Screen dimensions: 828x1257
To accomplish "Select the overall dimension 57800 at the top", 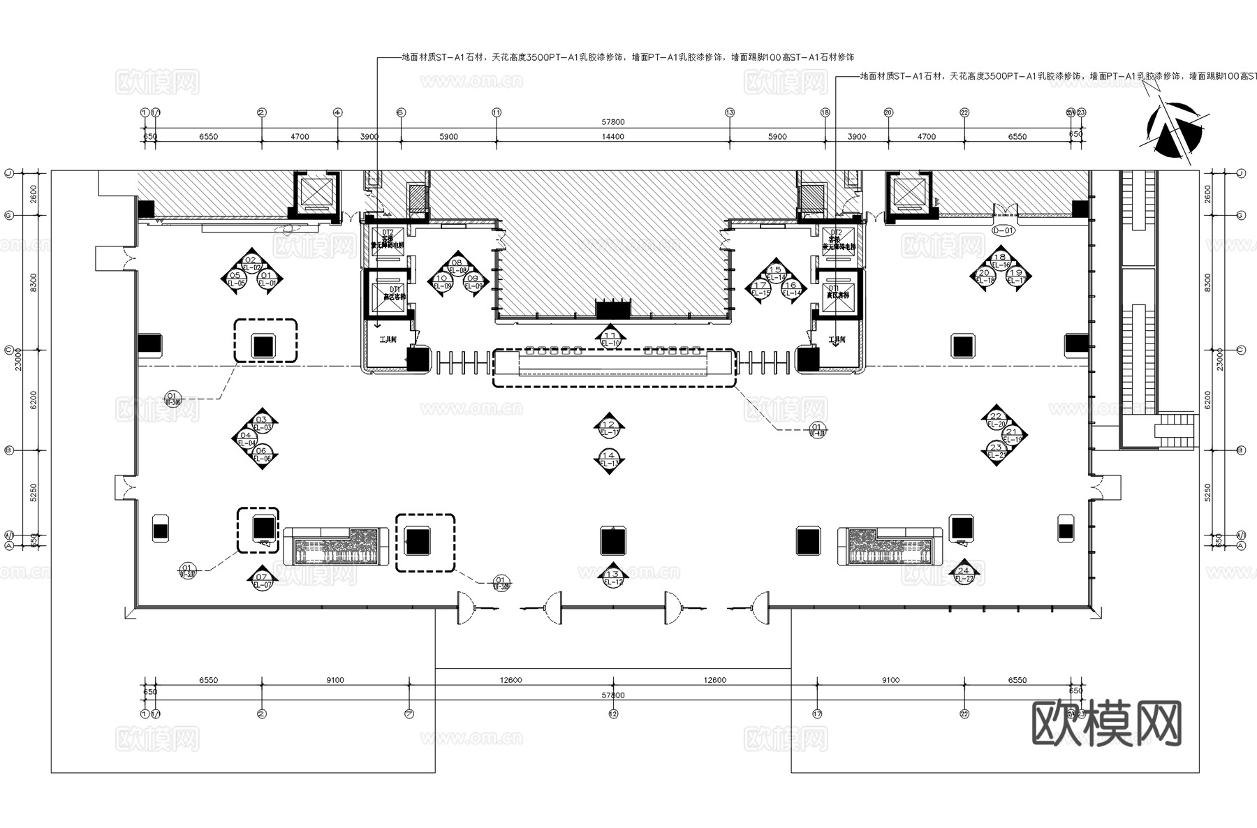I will pyautogui.click(x=612, y=122).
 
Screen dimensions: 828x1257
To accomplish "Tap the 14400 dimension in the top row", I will pyautogui.click(x=612, y=137).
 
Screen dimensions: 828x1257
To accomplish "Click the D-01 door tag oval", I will pyautogui.click(x=1003, y=230).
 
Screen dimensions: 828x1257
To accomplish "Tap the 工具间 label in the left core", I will pyautogui.click(x=388, y=339).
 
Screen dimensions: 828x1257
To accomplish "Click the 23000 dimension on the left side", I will pyautogui.click(x=19, y=360).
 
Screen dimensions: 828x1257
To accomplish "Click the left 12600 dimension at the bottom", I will pyautogui.click(x=510, y=680).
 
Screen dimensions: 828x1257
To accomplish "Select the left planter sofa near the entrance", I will pyautogui.click(x=335, y=546).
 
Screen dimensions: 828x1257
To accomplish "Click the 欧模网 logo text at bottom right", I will pyautogui.click(x=1106, y=723).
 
